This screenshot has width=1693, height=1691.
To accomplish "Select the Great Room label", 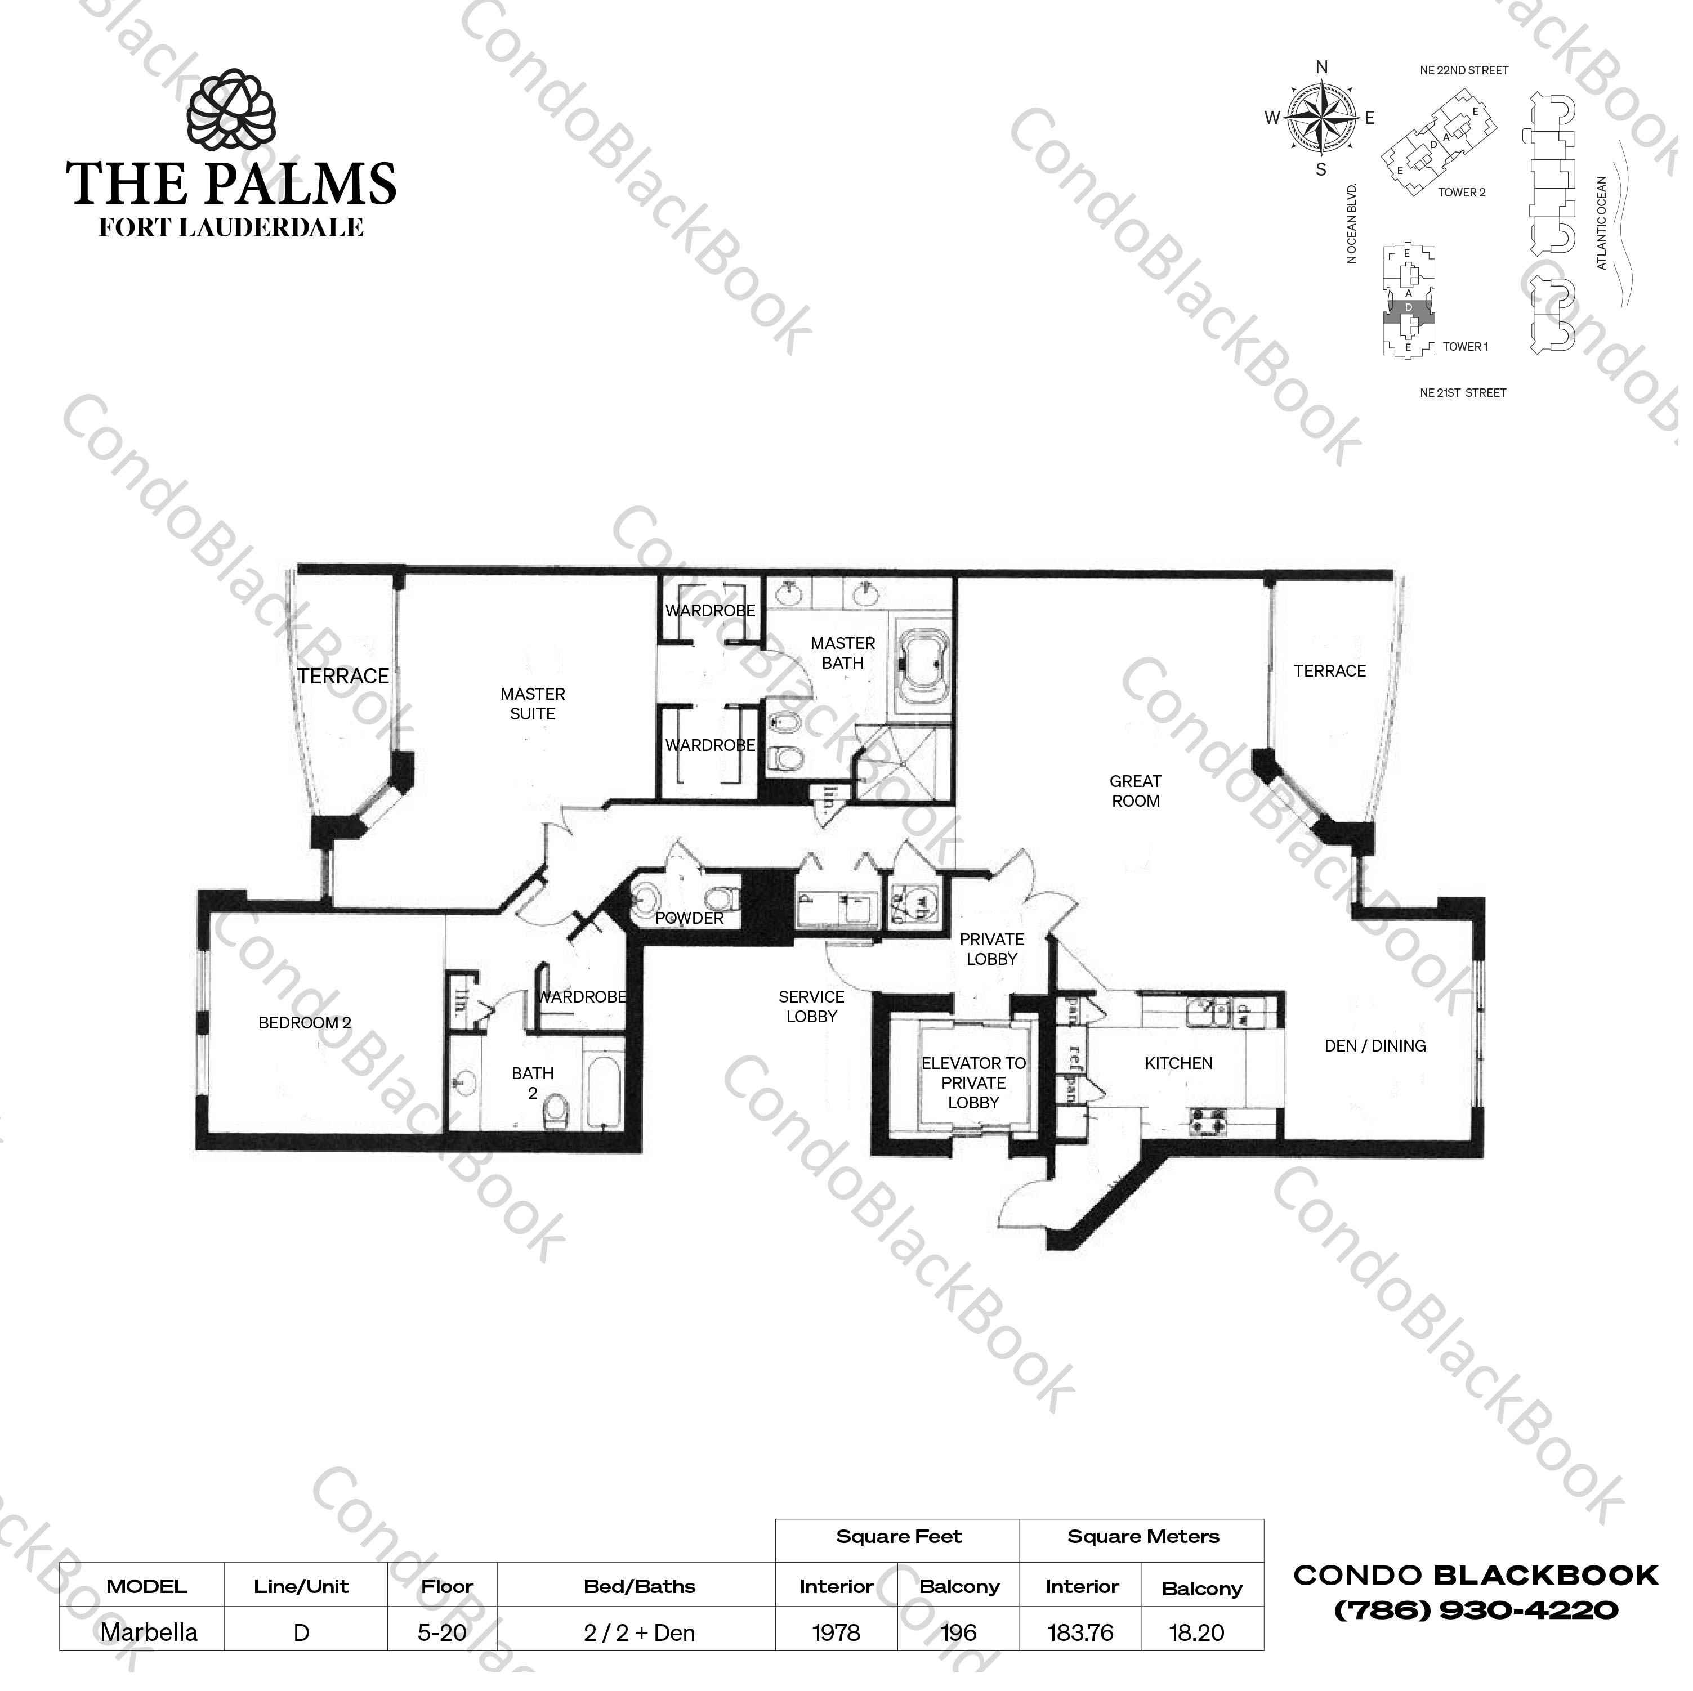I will pyautogui.click(x=1136, y=791).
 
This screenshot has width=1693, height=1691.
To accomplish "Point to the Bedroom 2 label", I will pyautogui.click(x=305, y=1022).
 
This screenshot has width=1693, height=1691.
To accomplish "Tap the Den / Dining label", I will pyautogui.click(x=1375, y=1046).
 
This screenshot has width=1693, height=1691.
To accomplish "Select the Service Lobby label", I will pyautogui.click(x=811, y=1006).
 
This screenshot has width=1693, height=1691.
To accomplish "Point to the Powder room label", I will pyautogui.click(x=690, y=918).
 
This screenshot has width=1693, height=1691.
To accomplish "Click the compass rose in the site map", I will pyautogui.click(x=1321, y=118).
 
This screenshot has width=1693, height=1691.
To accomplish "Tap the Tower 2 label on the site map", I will pyautogui.click(x=1462, y=193).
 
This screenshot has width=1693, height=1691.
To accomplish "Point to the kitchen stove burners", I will pyautogui.click(x=1210, y=1121).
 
